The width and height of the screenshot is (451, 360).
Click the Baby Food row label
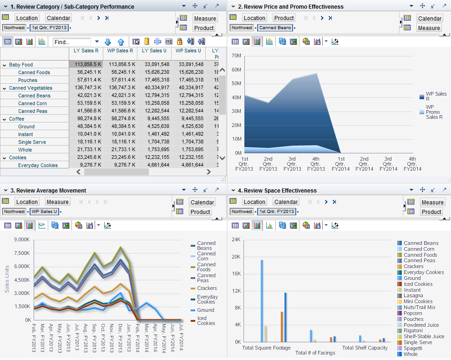pyautogui.click(x=21, y=65)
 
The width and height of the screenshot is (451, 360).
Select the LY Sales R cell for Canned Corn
pyautogui.click(x=86, y=103)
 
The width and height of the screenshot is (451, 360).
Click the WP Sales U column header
pyautogui.click(x=188, y=51)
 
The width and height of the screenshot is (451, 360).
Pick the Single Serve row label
pyautogui.click(x=32, y=142)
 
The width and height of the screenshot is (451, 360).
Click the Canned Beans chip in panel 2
pyautogui.click(x=275, y=28)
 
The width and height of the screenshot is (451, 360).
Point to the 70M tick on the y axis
pyautogui.click(x=236, y=56)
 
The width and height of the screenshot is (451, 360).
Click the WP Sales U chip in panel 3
pyautogui.click(x=44, y=212)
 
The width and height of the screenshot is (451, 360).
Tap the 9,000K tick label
pyautogui.click(x=22, y=239)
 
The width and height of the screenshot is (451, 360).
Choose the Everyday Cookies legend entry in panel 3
pyautogui.click(x=207, y=299)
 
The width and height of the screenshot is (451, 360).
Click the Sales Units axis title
pyautogui.click(x=7, y=279)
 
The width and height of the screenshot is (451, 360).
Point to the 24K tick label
pyautogui.click(x=235, y=239)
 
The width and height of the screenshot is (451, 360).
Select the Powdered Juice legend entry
pyautogui.click(x=421, y=325)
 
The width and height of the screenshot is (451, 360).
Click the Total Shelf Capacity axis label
pyautogui.click(x=365, y=348)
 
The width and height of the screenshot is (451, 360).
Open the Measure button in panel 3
pyautogui.click(x=57, y=202)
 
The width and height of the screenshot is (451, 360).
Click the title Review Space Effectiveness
pyautogui.click(x=280, y=190)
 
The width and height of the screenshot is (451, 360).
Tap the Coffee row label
pyautogui.click(x=16, y=119)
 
